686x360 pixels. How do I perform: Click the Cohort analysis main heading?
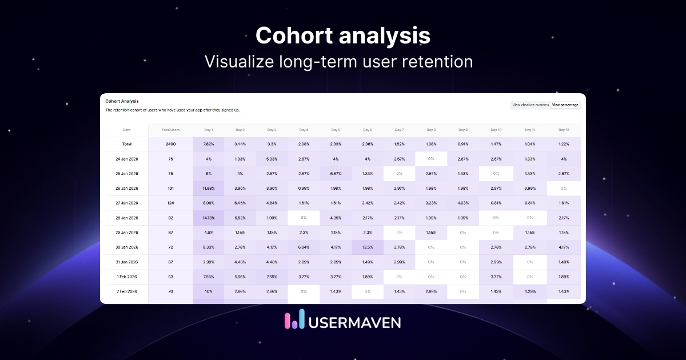point(342,35)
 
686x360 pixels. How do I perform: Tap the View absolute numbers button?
point(531,105)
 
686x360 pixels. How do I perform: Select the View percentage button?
point(565,105)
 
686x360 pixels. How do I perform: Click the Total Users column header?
point(170,130)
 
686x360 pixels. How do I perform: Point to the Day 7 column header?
point(399,130)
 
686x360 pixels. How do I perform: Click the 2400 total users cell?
point(170,144)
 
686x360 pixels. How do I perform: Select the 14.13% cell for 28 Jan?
point(208,218)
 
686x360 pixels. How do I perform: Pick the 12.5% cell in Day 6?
point(367,247)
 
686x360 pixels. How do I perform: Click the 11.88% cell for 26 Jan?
point(208,188)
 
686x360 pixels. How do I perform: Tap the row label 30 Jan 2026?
point(126,247)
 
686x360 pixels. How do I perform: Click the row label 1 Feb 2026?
point(126,277)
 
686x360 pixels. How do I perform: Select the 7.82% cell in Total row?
point(208,144)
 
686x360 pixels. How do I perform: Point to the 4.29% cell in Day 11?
point(529,291)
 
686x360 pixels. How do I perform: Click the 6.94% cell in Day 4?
point(304,247)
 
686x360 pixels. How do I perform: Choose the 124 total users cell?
point(170,203)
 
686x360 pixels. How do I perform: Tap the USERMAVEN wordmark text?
point(354,322)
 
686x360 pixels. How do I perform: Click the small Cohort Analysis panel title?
point(122,101)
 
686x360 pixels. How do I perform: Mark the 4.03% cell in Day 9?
point(462,203)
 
